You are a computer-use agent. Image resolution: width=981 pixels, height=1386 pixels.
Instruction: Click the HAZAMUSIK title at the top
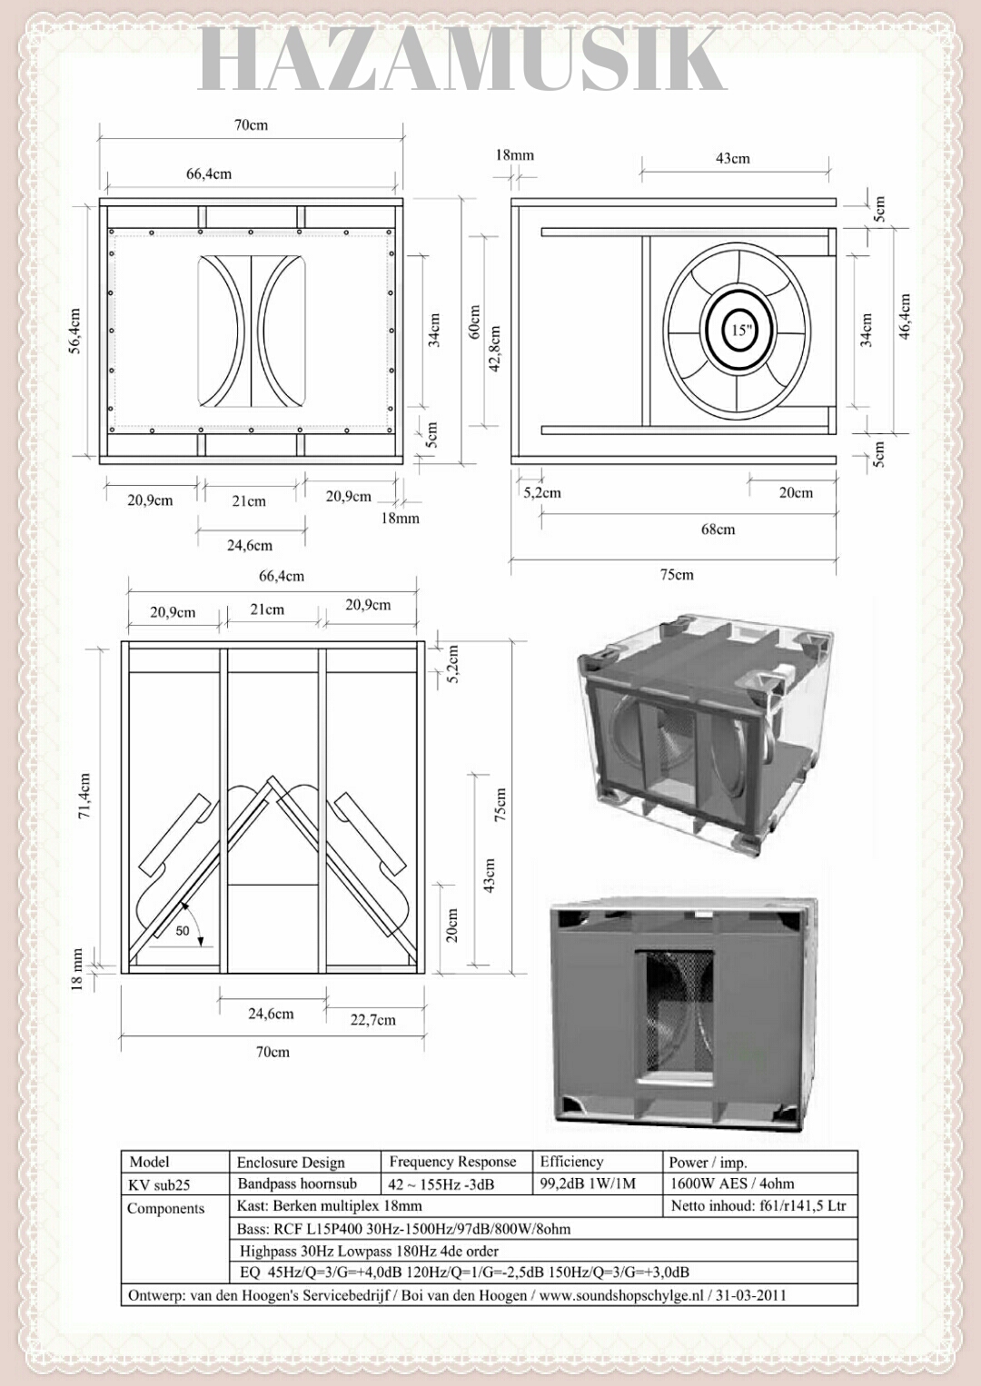(x=461, y=60)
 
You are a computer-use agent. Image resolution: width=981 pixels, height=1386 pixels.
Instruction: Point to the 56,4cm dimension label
(x=74, y=331)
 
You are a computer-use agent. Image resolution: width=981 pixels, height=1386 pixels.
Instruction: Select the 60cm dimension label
(x=474, y=322)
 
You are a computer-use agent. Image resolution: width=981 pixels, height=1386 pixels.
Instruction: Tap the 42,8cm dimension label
(x=495, y=349)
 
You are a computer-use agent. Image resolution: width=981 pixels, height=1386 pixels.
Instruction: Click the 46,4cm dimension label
(x=905, y=316)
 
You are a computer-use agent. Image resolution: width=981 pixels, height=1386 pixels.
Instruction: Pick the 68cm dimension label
(x=718, y=530)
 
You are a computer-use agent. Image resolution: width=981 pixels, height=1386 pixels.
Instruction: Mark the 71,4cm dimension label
(x=84, y=796)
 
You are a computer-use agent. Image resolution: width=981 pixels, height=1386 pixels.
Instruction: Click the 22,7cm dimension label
(x=373, y=1020)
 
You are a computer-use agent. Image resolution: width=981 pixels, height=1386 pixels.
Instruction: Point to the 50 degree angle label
(x=183, y=931)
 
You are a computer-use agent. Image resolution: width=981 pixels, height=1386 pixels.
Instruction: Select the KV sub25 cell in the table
(x=159, y=1184)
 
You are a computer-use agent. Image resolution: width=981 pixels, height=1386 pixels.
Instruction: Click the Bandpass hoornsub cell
(x=297, y=1183)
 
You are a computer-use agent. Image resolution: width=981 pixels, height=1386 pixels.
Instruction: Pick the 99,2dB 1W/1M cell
(x=588, y=1183)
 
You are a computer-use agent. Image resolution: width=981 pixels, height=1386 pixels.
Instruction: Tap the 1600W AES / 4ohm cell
(x=732, y=1183)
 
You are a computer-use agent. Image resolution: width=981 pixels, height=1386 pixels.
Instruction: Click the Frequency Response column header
(x=452, y=1162)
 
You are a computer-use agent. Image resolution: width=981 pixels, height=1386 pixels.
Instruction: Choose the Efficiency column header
(x=571, y=1162)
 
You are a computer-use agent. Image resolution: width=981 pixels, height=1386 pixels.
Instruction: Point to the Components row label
(x=165, y=1208)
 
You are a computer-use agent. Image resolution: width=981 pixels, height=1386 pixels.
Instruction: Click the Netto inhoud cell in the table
(x=758, y=1206)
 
